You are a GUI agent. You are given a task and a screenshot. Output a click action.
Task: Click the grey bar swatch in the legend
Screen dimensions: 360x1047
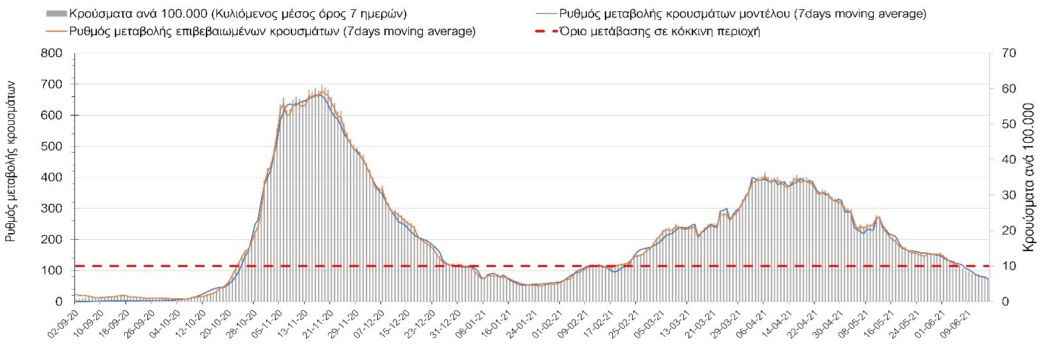tap(56, 13)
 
